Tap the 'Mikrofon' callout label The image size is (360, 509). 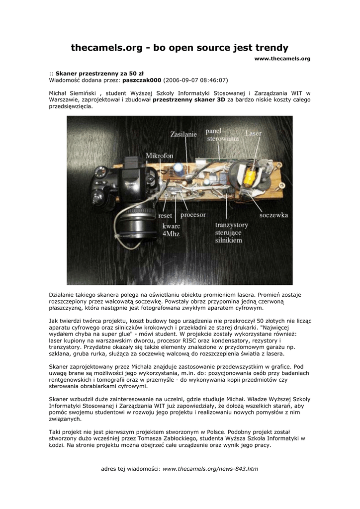click(x=160, y=156)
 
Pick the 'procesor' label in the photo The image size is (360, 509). click(x=193, y=215)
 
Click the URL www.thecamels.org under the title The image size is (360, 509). click(x=282, y=59)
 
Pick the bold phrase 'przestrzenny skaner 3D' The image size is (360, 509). click(x=189, y=100)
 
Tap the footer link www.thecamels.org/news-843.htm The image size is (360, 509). click(x=210, y=469)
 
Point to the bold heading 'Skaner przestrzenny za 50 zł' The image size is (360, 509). click(x=99, y=73)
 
